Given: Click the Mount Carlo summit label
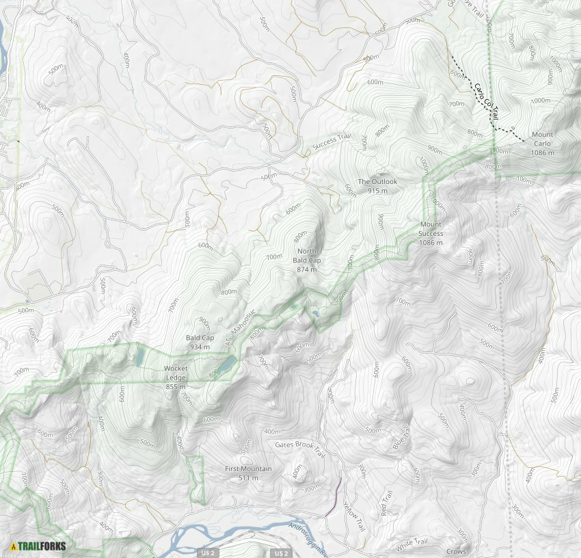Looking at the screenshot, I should point(542,144).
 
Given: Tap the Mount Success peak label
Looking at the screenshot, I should point(431,233).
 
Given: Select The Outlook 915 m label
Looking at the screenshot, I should point(377,186).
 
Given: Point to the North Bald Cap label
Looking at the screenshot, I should point(307,260).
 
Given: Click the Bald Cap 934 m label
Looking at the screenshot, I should point(200,343).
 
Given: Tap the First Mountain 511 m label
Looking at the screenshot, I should point(248,473).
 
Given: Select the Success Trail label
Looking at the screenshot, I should point(332,142).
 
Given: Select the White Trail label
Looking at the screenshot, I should point(411,544).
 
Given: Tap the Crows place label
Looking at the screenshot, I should point(456,551).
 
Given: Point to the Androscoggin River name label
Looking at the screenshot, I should point(309,538).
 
